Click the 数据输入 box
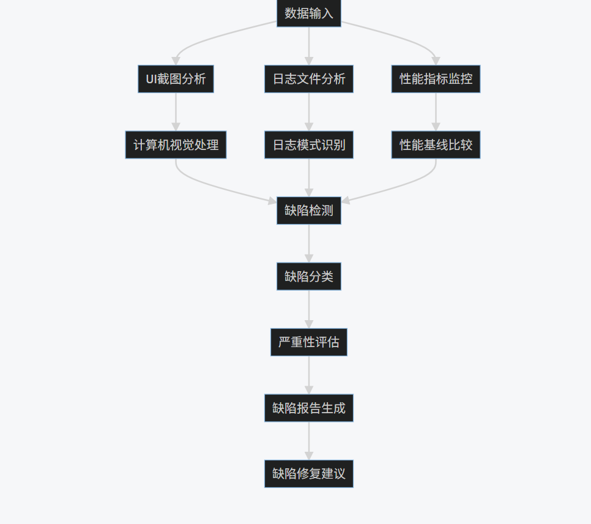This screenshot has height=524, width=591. click(x=308, y=13)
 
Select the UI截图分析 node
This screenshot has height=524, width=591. click(x=176, y=79)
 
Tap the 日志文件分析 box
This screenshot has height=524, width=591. click(x=308, y=79)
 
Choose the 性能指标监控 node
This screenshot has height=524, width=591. click(x=436, y=79)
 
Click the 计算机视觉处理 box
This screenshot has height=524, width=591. click(x=176, y=145)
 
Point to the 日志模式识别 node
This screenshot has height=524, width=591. click(x=308, y=145)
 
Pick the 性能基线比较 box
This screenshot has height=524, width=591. click(x=436, y=145)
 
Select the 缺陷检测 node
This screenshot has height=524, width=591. click(x=308, y=211)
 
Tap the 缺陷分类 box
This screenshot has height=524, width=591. click(x=308, y=276)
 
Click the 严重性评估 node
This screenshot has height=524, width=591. click(x=308, y=342)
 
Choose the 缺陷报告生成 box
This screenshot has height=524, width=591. click(x=308, y=408)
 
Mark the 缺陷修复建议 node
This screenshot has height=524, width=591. click(x=308, y=474)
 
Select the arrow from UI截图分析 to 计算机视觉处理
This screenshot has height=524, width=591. click(x=176, y=112)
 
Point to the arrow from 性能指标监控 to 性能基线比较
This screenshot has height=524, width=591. click(x=436, y=112)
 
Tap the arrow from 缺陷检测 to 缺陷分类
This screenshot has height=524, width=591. click(x=308, y=244)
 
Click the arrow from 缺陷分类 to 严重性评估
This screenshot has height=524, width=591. click(x=308, y=309)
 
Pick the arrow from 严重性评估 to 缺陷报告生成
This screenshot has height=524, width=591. click(x=308, y=375)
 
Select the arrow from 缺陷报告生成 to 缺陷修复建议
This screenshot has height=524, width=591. click(x=308, y=441)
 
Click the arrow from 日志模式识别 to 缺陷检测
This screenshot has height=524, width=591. click(x=308, y=178)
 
